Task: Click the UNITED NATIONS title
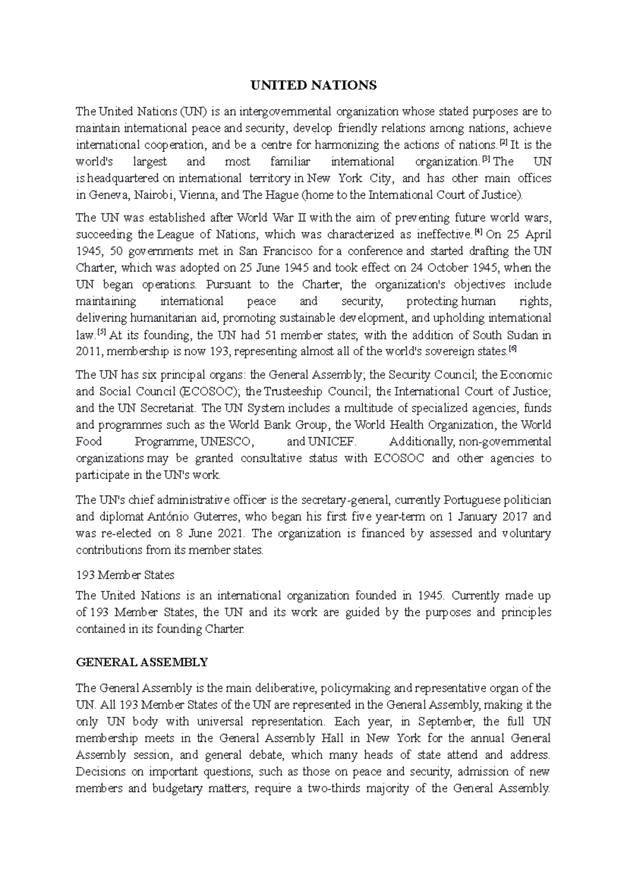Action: tap(313, 85)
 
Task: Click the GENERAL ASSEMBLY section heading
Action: tap(142, 662)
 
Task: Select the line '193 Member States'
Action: tap(125, 575)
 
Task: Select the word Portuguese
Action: tap(470, 500)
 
